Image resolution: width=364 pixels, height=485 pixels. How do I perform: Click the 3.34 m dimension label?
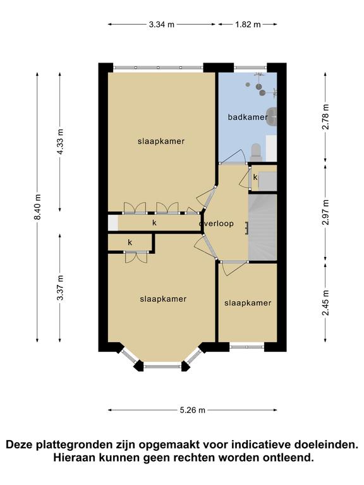click(162, 25)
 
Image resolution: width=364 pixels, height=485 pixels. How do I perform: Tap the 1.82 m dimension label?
click(248, 25)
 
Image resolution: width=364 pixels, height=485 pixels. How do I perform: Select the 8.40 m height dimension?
click(37, 207)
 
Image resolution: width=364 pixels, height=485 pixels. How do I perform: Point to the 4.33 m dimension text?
click(60, 142)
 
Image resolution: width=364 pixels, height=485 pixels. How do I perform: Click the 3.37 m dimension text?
click(60, 287)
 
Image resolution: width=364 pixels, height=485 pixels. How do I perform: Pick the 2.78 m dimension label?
click(325, 117)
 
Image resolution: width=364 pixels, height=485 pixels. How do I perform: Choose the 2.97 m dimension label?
click(325, 212)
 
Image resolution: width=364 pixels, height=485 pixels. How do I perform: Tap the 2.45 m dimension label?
click(325, 302)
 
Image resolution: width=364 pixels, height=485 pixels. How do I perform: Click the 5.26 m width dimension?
click(193, 410)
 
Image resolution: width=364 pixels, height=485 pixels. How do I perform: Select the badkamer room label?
click(248, 117)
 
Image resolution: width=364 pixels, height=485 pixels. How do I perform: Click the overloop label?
click(216, 224)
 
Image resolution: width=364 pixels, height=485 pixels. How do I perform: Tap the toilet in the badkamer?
click(257, 152)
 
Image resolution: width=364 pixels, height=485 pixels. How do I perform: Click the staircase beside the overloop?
click(262, 227)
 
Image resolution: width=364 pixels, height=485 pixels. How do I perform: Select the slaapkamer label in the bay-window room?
click(163, 299)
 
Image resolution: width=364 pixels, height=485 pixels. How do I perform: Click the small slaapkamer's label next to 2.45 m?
click(248, 303)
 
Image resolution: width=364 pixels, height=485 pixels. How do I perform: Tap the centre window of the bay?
click(163, 366)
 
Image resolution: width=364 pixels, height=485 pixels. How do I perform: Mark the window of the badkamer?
click(250, 67)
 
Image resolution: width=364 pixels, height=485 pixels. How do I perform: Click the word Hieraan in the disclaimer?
click(73, 457)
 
